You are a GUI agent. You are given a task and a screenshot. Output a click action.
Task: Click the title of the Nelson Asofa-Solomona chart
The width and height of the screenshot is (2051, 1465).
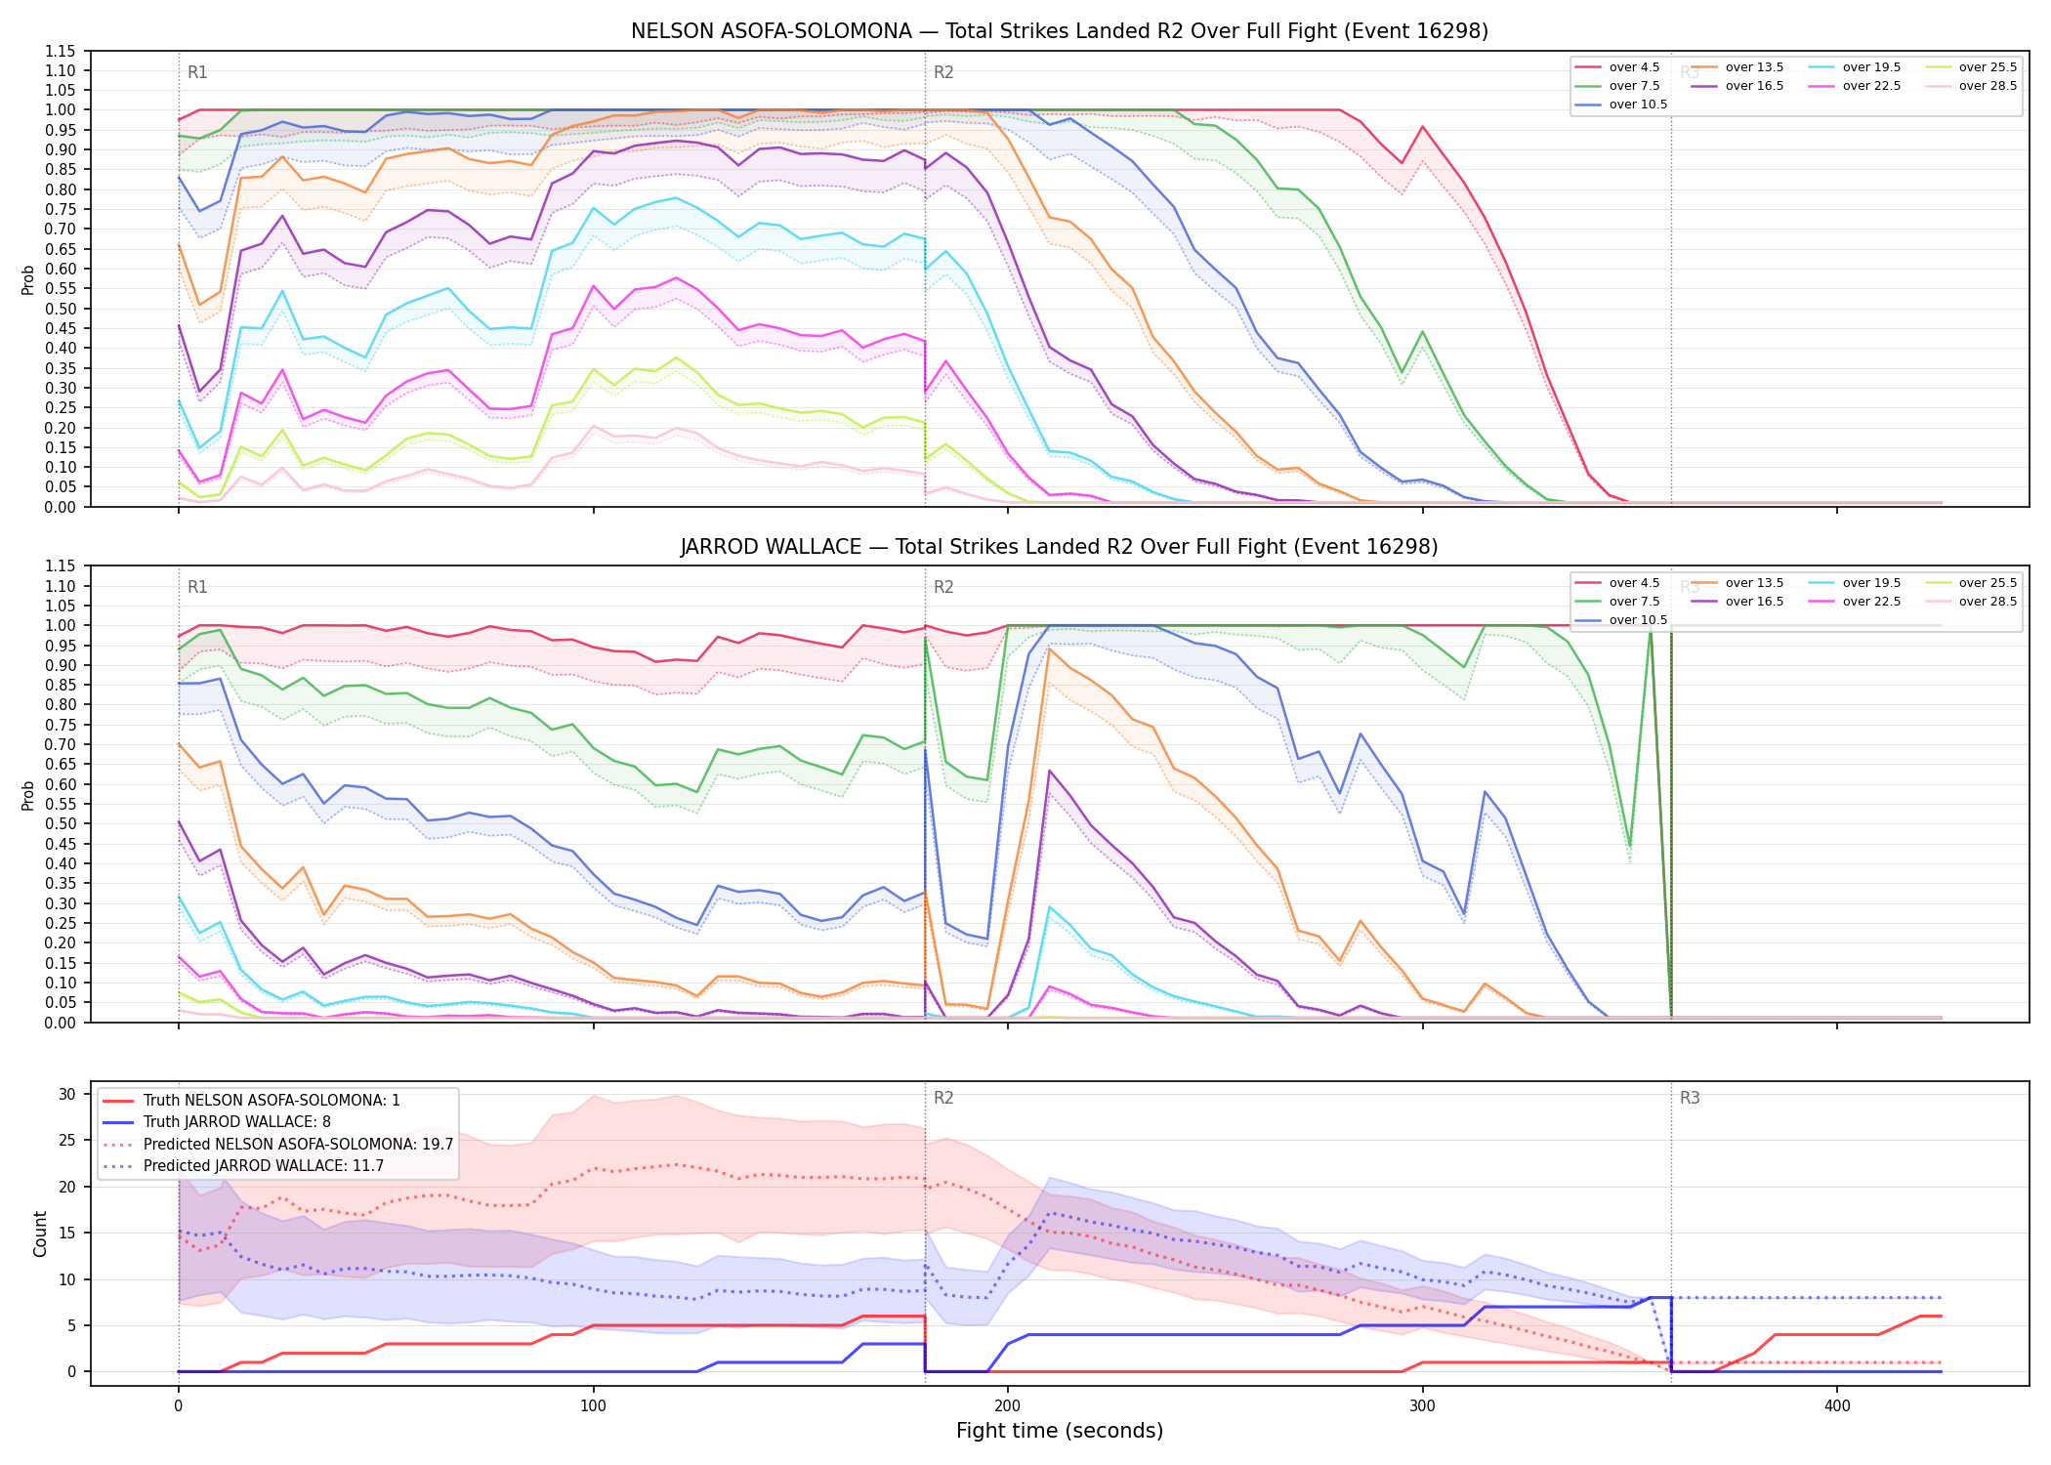coord(1060,31)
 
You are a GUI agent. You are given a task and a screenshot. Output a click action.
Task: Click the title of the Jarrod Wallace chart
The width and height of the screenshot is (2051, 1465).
coord(1060,547)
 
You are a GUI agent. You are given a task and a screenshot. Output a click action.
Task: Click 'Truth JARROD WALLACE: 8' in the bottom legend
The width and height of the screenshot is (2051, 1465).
coord(237,1122)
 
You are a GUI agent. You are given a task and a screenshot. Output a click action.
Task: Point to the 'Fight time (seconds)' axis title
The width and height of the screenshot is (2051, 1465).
coord(1060,1431)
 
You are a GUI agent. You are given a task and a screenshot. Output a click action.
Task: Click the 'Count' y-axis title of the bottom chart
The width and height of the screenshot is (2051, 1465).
coord(40,1234)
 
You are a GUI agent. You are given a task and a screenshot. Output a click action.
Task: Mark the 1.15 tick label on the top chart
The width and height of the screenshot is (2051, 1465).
coord(61,51)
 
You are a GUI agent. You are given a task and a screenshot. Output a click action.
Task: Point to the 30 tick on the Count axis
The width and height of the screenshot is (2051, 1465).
coord(67,1094)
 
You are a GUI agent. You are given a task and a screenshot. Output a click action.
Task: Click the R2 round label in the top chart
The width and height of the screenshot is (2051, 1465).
coord(943,72)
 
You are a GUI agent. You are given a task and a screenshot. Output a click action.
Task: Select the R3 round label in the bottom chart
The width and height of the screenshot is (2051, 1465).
coord(1690,1098)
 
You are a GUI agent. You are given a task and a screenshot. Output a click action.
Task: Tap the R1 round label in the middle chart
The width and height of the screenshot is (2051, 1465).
coord(197,587)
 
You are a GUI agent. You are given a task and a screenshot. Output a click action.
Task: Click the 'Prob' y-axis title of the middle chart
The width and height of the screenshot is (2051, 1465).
coord(28,795)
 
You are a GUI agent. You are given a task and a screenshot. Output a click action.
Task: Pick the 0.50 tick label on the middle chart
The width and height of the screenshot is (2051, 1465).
coord(61,823)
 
